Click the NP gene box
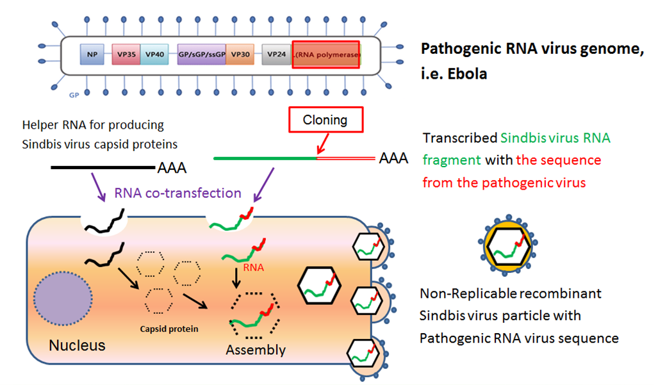(x=92, y=55)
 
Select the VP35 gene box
(x=126, y=55)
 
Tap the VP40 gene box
(x=155, y=55)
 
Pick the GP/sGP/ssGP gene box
(x=201, y=55)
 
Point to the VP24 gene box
(x=276, y=55)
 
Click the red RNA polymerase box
(x=326, y=55)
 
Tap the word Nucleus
(x=77, y=345)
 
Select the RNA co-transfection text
(x=177, y=193)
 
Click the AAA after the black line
(x=172, y=169)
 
